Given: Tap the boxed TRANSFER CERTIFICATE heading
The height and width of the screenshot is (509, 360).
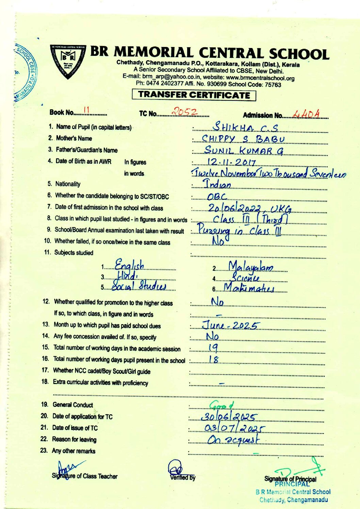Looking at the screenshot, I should point(194,95).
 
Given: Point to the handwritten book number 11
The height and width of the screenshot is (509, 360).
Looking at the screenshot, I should point(86,110).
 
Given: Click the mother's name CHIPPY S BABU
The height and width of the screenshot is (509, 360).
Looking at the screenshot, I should point(243,139).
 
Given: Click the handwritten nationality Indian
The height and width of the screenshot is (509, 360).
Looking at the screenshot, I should point(218,185).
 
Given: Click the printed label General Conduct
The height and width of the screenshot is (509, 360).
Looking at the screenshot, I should point(72,405).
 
